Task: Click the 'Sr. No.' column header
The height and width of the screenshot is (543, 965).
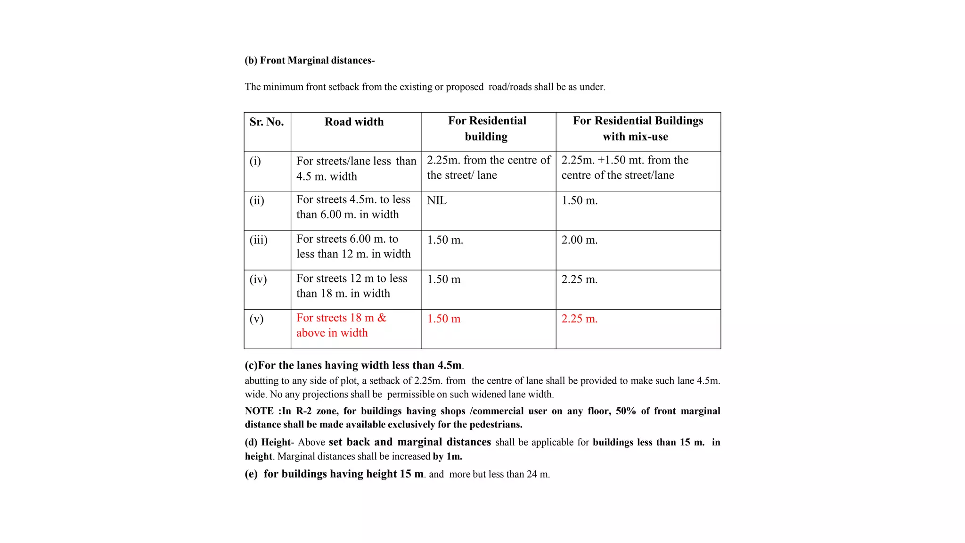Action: (x=267, y=122)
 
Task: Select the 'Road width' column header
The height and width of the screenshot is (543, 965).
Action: (x=354, y=122)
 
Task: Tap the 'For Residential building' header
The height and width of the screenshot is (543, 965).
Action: (x=487, y=128)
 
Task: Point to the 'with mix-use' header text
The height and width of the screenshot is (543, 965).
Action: (x=635, y=137)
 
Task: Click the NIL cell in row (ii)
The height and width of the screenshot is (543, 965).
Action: (x=437, y=200)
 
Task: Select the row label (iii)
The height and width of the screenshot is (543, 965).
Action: (x=258, y=240)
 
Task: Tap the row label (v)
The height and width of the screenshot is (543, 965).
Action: (x=256, y=319)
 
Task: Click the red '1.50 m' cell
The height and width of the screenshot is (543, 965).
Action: (x=443, y=319)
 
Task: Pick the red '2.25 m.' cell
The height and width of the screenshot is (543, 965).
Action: (x=579, y=319)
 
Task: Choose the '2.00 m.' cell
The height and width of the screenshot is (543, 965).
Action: (x=579, y=240)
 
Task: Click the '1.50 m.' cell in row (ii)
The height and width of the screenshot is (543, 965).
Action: (x=579, y=200)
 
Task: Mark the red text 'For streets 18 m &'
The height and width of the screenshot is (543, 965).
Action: (x=341, y=318)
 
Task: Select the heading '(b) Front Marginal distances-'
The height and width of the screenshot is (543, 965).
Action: (x=310, y=60)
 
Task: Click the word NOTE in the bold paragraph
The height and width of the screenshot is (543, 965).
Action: (x=259, y=411)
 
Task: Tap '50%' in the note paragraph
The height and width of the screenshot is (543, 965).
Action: (x=625, y=411)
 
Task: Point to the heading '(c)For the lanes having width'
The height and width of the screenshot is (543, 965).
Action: (x=353, y=365)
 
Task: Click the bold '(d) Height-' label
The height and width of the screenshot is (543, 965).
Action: (x=269, y=442)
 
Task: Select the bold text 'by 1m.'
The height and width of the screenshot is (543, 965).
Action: (x=447, y=456)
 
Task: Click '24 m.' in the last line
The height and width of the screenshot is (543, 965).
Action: (x=538, y=474)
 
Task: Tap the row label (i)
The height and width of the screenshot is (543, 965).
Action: (x=255, y=161)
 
